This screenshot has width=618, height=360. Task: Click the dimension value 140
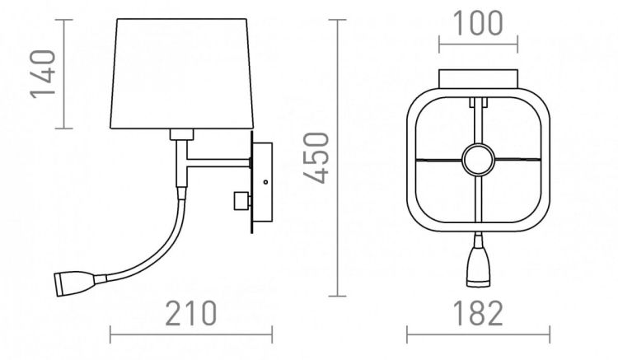tap(42, 73)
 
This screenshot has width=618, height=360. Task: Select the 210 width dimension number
tap(191, 313)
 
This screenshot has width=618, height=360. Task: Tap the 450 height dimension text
tap(316, 158)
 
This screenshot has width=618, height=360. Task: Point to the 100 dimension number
tap(478, 23)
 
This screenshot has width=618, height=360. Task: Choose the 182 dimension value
tap(479, 313)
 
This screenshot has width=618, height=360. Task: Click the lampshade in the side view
tap(182, 73)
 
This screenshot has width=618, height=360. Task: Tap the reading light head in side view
tap(74, 283)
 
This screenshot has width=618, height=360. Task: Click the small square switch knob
tap(241, 201)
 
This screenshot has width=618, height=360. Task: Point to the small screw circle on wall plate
tap(265, 181)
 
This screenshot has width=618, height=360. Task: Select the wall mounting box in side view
tap(262, 181)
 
